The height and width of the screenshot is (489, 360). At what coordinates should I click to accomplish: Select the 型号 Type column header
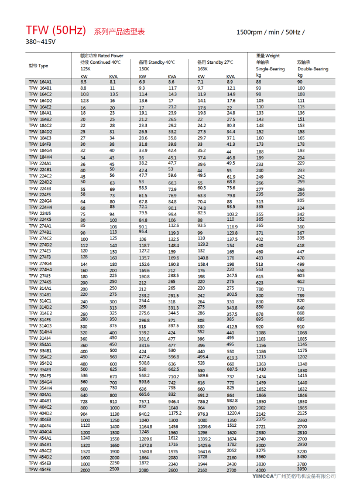point(38,66)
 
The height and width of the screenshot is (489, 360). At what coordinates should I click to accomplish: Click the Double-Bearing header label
point(313,69)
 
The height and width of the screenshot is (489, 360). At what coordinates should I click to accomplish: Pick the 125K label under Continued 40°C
point(85,69)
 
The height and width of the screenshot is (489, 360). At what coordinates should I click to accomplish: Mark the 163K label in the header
point(203,69)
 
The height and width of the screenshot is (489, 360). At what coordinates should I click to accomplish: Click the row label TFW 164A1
point(40,82)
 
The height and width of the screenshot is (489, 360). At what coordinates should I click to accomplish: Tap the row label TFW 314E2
point(40,313)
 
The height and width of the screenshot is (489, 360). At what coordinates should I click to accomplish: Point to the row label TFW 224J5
point(40,214)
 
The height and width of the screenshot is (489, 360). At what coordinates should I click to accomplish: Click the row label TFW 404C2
point(40,406)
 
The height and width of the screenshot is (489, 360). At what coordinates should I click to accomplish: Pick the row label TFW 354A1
point(40,345)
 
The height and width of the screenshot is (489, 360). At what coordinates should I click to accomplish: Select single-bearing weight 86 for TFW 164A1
point(259,82)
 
